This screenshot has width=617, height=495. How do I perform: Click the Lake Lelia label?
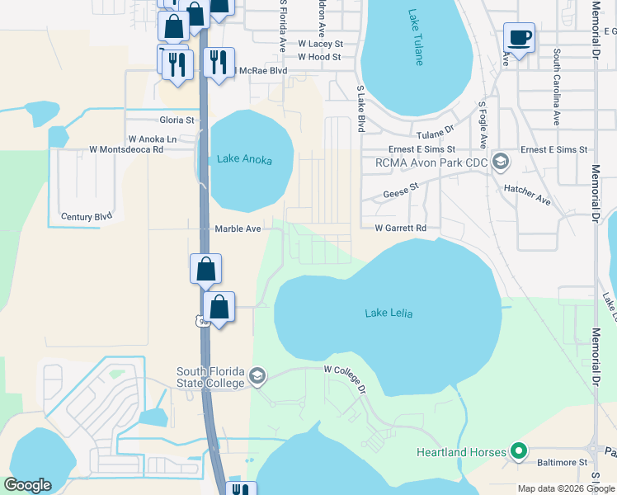[389, 313]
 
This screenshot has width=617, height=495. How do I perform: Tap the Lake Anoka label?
[243, 159]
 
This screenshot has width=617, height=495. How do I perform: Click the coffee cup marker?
[519, 38]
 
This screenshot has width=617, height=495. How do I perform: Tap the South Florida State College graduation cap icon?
[258, 376]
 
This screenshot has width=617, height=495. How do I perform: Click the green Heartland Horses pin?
[518, 451]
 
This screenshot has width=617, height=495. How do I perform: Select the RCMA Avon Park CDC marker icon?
[499, 162]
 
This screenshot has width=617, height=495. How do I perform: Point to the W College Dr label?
[344, 378]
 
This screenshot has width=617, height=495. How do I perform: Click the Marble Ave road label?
[238, 229]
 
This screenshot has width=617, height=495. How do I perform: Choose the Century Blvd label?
[86, 217]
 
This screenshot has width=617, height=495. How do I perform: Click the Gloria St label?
[177, 120]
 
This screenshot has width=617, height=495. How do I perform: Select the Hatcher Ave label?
[527, 195]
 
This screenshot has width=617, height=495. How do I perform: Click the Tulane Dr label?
[436, 132]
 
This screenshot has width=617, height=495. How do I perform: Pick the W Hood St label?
[319, 57]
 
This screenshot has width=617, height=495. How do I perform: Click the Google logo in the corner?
[28, 485]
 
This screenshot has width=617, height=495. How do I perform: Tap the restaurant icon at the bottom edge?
[239, 488]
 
